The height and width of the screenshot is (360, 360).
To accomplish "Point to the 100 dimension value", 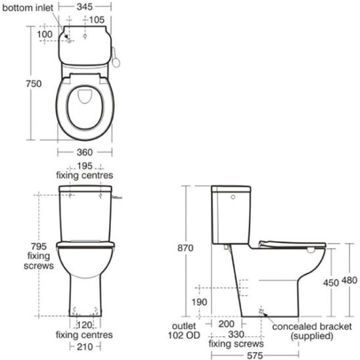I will click(45, 34).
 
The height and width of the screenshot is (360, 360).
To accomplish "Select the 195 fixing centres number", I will click(85, 166).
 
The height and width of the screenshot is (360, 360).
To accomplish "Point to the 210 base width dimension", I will click(85, 346).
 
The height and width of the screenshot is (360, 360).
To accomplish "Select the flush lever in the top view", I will click(118, 59).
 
